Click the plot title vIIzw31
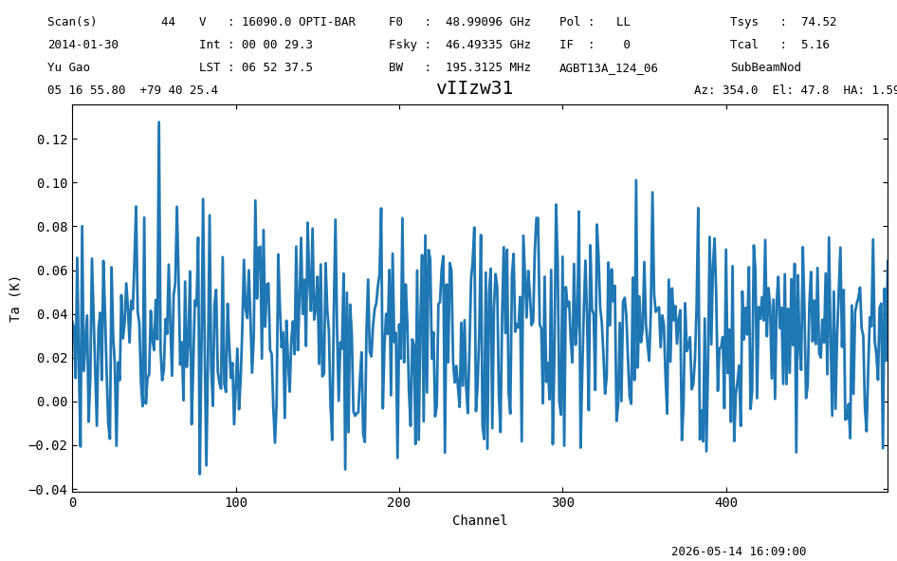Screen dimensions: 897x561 (474, 88)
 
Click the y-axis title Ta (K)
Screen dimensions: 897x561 (15, 299)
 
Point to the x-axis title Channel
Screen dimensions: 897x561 (480, 520)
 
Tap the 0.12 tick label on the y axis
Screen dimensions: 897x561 (52, 140)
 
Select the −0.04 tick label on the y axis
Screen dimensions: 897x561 (48, 490)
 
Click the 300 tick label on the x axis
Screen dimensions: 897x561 (563, 502)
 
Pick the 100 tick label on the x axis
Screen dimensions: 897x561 (236, 502)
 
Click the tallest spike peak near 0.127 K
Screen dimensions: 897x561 (158, 122)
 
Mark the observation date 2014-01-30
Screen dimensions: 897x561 (82, 45)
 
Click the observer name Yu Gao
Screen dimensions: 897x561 (68, 67)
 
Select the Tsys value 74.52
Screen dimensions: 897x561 (818, 22)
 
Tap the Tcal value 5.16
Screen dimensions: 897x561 (815, 45)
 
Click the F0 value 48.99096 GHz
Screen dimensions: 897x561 (488, 22)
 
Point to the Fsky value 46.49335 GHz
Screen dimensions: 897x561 (488, 45)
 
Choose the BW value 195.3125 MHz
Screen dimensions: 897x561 (488, 67)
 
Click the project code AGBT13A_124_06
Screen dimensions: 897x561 (609, 68)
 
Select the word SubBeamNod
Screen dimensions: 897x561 (766, 67)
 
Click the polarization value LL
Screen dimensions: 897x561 (623, 22)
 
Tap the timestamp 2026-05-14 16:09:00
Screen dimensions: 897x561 (739, 552)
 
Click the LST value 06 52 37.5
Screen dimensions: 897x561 (277, 67)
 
